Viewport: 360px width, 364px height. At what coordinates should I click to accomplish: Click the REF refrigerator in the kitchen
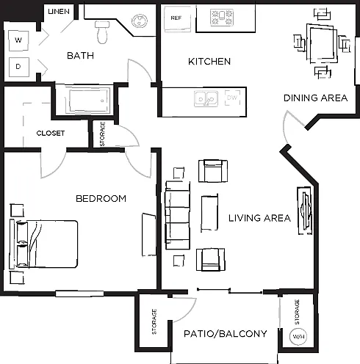[x=178, y=18]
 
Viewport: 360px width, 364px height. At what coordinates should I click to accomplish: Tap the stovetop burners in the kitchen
[x=222, y=17]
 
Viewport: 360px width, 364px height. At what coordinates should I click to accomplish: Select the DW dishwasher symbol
[x=232, y=98]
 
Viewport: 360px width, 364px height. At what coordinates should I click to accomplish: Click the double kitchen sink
[x=206, y=99]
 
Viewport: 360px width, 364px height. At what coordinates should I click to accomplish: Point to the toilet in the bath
[x=102, y=32]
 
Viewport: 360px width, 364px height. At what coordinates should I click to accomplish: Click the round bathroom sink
[x=140, y=21]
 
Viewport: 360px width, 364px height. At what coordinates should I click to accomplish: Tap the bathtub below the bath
[x=89, y=101]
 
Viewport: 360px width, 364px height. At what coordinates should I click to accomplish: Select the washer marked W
[x=18, y=40]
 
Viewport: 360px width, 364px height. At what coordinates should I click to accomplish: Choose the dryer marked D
[x=19, y=67]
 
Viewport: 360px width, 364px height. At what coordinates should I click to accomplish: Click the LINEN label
[x=59, y=12]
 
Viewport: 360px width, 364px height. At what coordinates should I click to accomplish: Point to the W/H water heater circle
[x=298, y=337]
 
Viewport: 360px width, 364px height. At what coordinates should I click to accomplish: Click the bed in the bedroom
[x=43, y=244]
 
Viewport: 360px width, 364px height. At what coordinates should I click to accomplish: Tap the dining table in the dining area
[x=322, y=43]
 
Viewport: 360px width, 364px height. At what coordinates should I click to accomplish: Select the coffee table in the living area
[x=209, y=213]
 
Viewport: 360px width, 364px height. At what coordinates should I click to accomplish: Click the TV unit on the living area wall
[x=305, y=211]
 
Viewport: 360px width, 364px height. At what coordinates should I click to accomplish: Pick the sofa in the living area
[x=178, y=215]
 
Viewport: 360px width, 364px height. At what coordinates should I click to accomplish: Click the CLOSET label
[x=51, y=134]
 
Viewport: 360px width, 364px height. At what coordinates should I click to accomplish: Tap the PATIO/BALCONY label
[x=226, y=334]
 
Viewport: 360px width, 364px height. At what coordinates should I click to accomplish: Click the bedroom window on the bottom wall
[x=79, y=294]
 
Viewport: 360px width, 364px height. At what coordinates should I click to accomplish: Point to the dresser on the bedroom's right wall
[x=149, y=235]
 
